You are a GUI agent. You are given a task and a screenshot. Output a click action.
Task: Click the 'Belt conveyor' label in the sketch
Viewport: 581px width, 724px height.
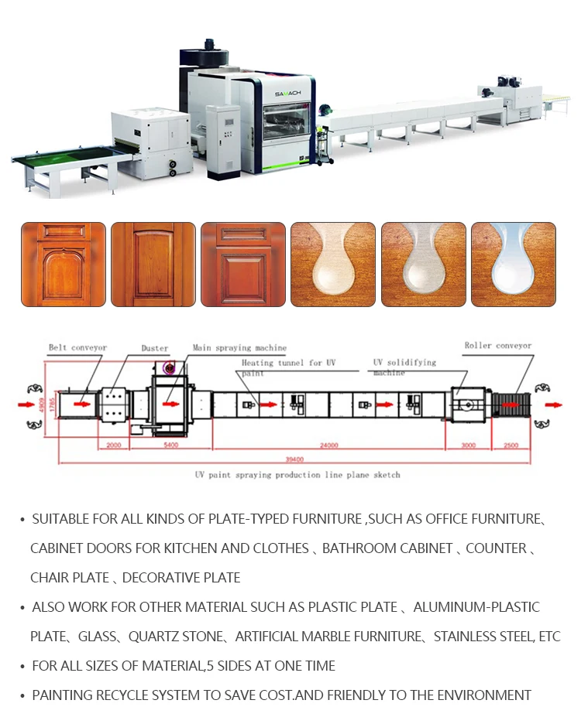pos(77,348)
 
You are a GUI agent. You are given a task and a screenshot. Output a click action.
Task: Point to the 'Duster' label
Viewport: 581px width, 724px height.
pos(154,349)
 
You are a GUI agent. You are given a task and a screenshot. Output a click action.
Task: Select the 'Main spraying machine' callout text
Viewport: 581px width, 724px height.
pos(239,348)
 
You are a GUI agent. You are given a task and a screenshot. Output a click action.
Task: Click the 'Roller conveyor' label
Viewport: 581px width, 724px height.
pos(498,346)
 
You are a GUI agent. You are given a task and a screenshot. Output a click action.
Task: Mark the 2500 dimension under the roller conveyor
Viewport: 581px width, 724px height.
pos(511,445)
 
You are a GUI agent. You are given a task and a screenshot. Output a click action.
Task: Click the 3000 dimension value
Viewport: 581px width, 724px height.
pos(469,445)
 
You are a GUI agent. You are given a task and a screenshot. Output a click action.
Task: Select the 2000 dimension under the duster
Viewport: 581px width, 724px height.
pos(113,445)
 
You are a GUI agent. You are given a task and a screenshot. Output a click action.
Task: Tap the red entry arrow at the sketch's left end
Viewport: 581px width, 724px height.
pos(31,403)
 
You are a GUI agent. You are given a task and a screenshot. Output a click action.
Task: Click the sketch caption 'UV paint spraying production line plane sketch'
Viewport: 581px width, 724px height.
pos(297,474)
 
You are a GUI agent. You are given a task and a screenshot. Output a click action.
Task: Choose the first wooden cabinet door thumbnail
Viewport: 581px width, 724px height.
pos(64,265)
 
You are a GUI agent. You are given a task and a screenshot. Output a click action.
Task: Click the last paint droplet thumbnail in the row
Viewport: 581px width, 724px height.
pos(513,265)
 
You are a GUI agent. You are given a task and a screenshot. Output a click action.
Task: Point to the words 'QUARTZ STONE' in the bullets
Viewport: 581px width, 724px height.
pos(174,637)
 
